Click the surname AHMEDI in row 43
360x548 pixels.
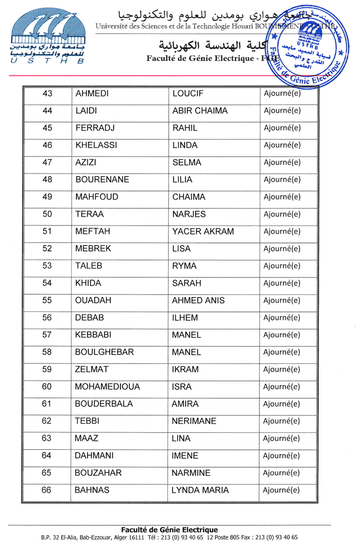pos(92,94)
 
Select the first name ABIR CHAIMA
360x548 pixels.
pos(200,111)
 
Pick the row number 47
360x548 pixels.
pos(47,162)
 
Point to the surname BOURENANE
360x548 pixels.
pos(102,180)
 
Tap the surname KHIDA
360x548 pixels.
pos(88,283)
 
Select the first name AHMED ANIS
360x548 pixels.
pos(198,300)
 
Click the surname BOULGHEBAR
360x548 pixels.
pos(104,352)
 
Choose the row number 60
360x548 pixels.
pos(47,387)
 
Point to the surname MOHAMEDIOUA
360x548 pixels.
pos(108,387)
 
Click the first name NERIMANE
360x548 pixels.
pos(194,421)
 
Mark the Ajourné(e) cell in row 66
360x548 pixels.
pos(282,490)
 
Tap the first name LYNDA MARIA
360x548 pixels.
pos(200,490)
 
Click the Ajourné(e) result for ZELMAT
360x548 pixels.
pos(282,369)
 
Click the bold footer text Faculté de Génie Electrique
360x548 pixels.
pos(170,529)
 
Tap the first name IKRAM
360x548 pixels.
pos(185,369)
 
